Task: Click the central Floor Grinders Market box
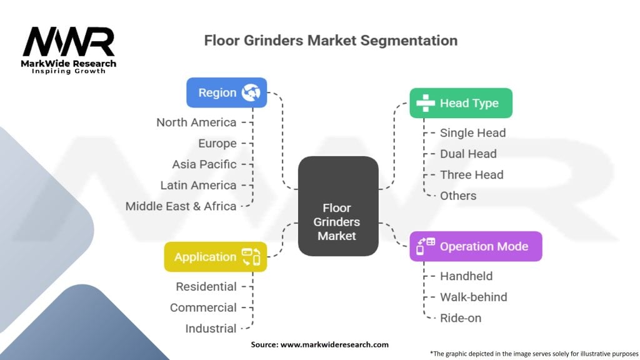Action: pyautogui.click(x=338, y=206)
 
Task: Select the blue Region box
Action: pyautogui.click(x=226, y=92)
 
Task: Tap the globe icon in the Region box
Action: pyautogui.click(x=251, y=92)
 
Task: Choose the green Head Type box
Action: pyautogui.click(x=461, y=103)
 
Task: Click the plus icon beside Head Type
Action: pyautogui.click(x=425, y=103)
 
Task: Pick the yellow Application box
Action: pyautogui.click(x=216, y=257)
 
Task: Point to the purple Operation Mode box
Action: pyautogui.click(x=476, y=246)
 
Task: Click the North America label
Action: pyautogui.click(x=196, y=122)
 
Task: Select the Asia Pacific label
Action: pyautogui.click(x=204, y=164)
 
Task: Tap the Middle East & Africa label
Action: pyautogui.click(x=181, y=206)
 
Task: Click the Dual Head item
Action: pyautogui.click(x=468, y=154)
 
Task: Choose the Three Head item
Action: pyautogui.click(x=471, y=175)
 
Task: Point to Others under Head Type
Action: pyautogui.click(x=458, y=196)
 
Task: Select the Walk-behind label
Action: pyautogui.click(x=474, y=297)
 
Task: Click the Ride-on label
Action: pyautogui.click(x=461, y=318)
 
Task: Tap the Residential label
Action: pyautogui.click(x=206, y=286)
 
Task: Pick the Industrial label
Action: pyautogui.click(x=211, y=329)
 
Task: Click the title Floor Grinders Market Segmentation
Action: pyautogui.click(x=331, y=41)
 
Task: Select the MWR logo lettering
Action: pyautogui.click(x=69, y=42)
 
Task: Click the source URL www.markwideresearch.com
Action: pyautogui.click(x=334, y=344)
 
